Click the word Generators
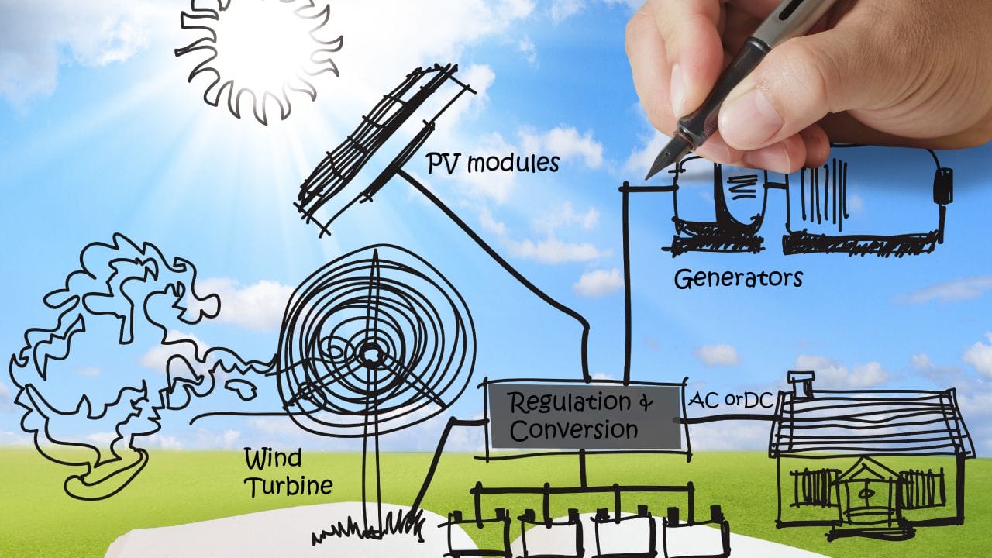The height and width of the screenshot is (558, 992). pyautogui.click(x=739, y=279)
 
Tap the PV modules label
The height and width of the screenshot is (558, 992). pyautogui.click(x=493, y=163)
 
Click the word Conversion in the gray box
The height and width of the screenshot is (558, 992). pyautogui.click(x=574, y=430)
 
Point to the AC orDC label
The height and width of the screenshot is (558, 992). pyautogui.click(x=730, y=401)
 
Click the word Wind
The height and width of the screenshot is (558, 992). pyautogui.click(x=274, y=458)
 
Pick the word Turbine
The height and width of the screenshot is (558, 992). pyautogui.click(x=290, y=486)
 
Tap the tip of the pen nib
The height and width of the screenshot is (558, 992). pyautogui.click(x=647, y=179)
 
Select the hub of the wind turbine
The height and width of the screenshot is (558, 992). pyautogui.click(x=370, y=354)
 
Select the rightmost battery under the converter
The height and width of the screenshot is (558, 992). pyautogui.click(x=696, y=534)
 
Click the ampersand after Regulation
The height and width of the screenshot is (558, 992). pyautogui.click(x=646, y=403)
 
